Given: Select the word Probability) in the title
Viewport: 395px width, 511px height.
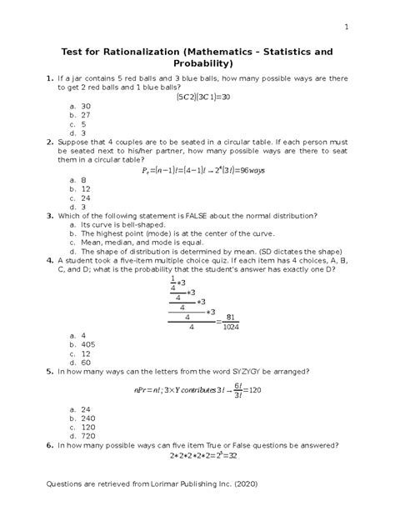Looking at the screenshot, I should [x=197, y=64].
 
